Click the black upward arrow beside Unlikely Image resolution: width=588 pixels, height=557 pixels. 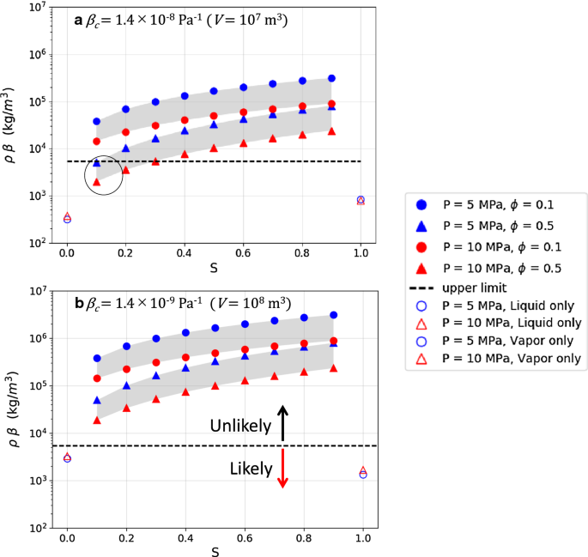(x=283, y=422)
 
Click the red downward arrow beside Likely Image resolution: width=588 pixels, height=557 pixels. (x=283, y=469)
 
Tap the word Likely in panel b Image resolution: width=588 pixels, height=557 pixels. (x=249, y=469)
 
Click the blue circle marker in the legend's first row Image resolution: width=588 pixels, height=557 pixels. (x=421, y=204)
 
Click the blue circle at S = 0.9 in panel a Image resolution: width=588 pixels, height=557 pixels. (x=331, y=78)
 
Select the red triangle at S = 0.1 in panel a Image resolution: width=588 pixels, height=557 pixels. (x=96, y=182)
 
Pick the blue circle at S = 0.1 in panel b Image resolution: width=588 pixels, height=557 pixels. (x=96, y=358)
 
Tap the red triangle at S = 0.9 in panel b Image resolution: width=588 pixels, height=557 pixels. (x=331, y=367)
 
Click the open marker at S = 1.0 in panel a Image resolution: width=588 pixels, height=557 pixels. (x=361, y=200)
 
